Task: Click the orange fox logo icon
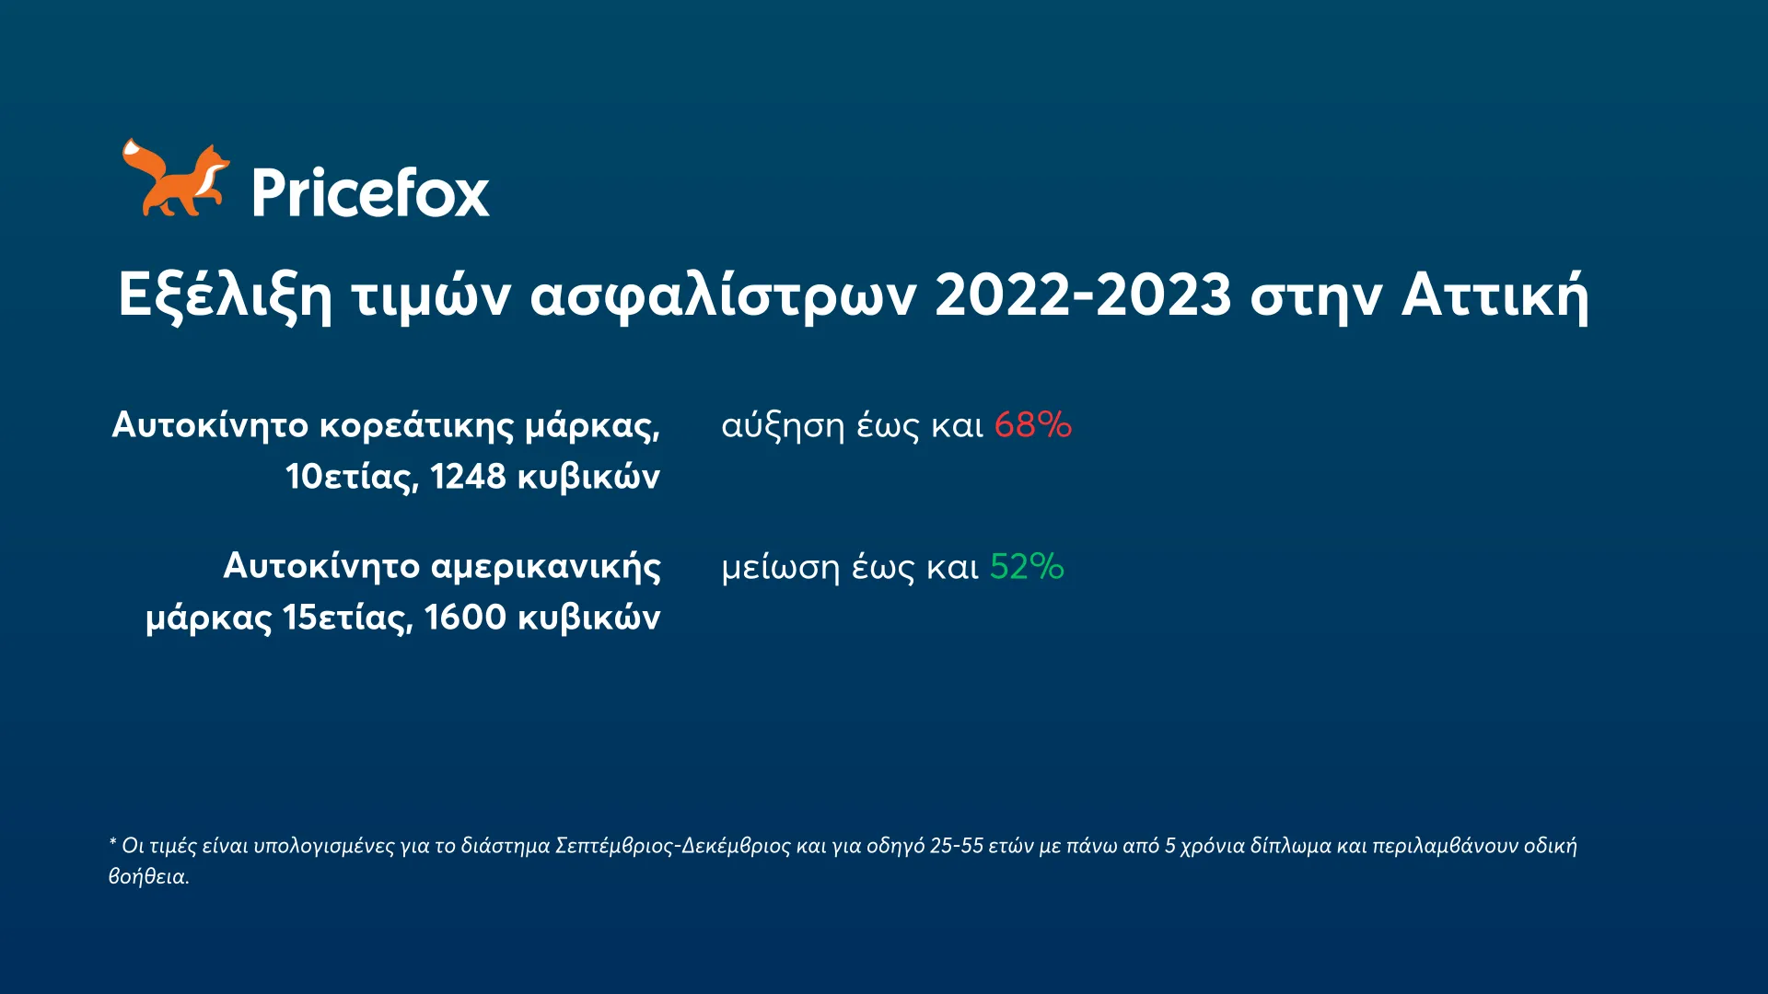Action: (175, 179)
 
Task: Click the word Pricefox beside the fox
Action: (370, 193)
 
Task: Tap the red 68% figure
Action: (1032, 425)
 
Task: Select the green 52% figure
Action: (1027, 567)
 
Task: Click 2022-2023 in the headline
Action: (1083, 295)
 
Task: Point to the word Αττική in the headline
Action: (1495, 295)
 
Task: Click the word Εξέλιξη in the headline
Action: (225, 295)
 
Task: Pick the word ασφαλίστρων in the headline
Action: (723, 295)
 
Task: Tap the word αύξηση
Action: (783, 426)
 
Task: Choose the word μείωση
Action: (780, 568)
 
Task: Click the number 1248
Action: (468, 477)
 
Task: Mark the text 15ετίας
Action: (347, 618)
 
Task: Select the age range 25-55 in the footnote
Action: (956, 846)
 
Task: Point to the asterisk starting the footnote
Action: (112, 842)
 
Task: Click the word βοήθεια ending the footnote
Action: (147, 876)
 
